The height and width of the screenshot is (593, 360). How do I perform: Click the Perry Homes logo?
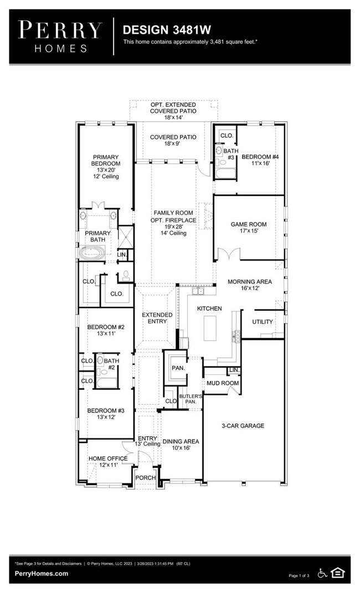click(60, 36)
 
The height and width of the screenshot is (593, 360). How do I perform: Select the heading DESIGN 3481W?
click(159, 29)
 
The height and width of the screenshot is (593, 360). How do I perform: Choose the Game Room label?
click(249, 228)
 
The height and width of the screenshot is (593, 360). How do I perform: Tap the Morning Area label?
click(250, 285)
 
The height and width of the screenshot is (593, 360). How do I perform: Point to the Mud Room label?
click(223, 383)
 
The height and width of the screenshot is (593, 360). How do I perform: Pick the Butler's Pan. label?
click(187, 398)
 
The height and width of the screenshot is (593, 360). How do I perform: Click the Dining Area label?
click(181, 445)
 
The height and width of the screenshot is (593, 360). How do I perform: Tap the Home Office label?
click(108, 462)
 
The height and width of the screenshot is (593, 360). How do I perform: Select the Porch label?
click(146, 477)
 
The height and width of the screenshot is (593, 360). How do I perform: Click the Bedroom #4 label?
click(260, 160)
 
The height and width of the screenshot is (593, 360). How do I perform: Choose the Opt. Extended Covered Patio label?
click(173, 111)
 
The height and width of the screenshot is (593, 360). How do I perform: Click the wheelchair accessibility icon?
click(322, 573)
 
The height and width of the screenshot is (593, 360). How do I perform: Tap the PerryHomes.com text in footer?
click(41, 574)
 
